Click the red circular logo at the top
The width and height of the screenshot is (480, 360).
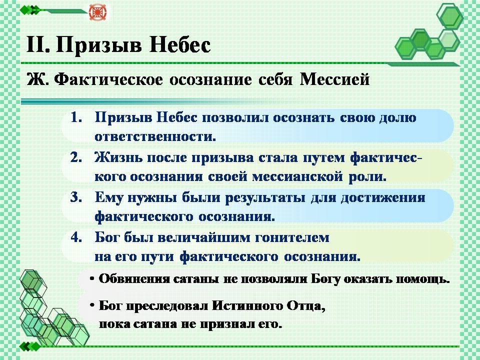click(x=96, y=12)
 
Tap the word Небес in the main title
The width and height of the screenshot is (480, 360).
click(x=180, y=45)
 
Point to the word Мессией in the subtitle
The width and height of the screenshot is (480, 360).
click(x=334, y=79)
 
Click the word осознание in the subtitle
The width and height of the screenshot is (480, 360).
click(x=210, y=80)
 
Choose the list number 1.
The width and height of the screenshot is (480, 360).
click(x=76, y=117)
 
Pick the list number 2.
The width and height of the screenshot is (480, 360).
click(x=76, y=157)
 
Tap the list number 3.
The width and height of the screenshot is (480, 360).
click(x=76, y=197)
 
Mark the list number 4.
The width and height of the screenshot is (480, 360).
click(x=76, y=237)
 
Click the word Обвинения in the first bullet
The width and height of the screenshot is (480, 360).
click(x=134, y=279)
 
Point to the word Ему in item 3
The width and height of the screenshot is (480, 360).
click(x=109, y=198)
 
